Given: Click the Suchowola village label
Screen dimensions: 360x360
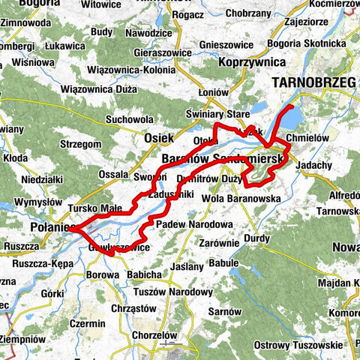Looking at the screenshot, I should click(130, 119).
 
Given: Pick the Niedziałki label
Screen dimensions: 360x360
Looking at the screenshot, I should click(27, 180).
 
